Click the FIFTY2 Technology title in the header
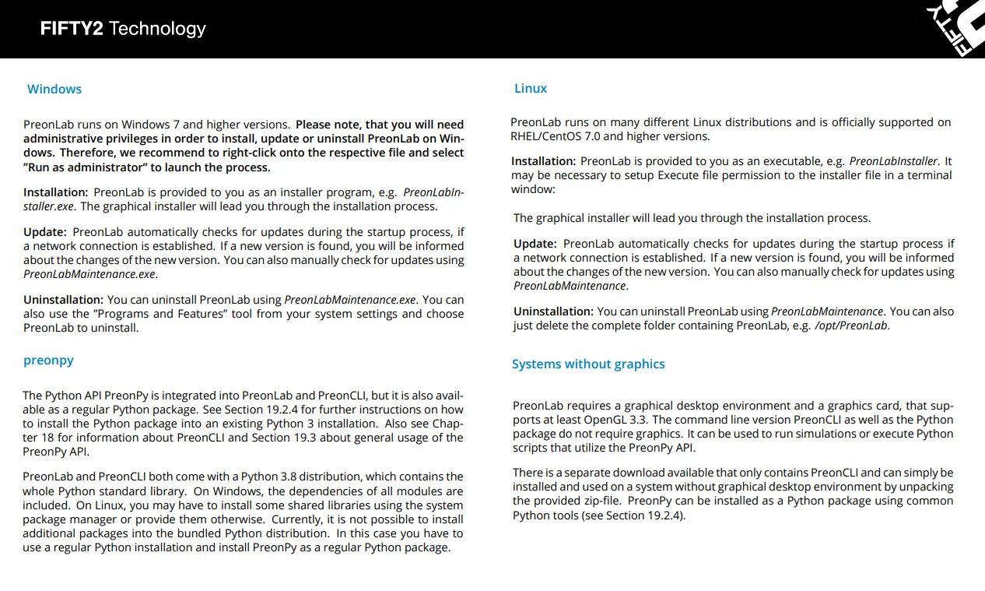tap(123, 29)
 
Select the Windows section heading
tap(54, 89)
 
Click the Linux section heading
tap(531, 88)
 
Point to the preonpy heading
tap(48, 361)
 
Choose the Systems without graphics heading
tap(588, 364)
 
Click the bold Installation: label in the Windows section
tap(55, 192)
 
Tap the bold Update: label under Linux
tap(535, 244)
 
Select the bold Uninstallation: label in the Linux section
tap(552, 311)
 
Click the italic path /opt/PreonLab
tap(850, 325)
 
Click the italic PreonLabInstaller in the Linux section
tap(892, 161)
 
